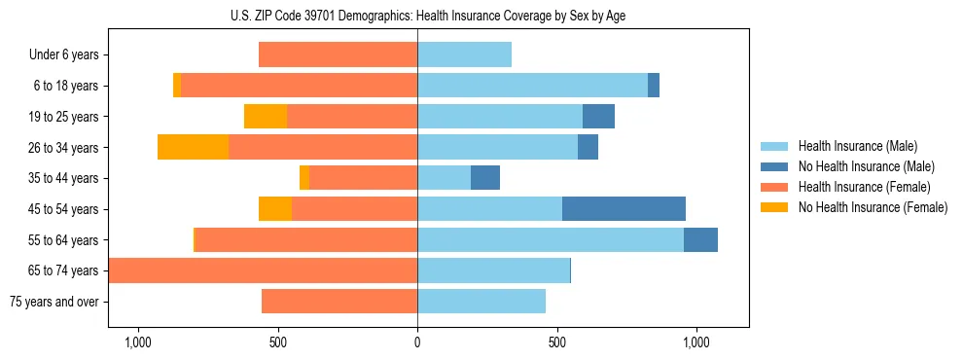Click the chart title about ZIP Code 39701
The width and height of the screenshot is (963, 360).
click(x=417, y=16)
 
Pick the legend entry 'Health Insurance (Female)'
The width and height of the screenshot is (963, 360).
click(x=864, y=187)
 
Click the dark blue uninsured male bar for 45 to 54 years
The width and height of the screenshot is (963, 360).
click(x=624, y=209)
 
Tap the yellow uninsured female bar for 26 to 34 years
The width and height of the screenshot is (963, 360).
click(x=193, y=147)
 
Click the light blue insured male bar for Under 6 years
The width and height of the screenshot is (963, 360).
click(x=464, y=55)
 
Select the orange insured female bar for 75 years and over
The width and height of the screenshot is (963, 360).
click(x=339, y=302)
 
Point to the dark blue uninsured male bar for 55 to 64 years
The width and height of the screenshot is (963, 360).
click(x=700, y=240)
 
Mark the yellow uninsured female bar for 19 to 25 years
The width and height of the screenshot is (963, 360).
click(x=266, y=117)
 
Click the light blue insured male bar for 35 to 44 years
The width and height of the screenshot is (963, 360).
click(x=444, y=178)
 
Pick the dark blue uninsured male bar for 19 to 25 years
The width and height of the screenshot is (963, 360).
click(x=598, y=117)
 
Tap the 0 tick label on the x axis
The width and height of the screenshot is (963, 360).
click(x=417, y=342)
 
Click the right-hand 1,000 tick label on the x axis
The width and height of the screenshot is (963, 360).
click(x=696, y=342)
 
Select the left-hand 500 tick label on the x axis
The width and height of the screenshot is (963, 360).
click(x=277, y=342)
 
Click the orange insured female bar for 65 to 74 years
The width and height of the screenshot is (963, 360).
click(x=264, y=270)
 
